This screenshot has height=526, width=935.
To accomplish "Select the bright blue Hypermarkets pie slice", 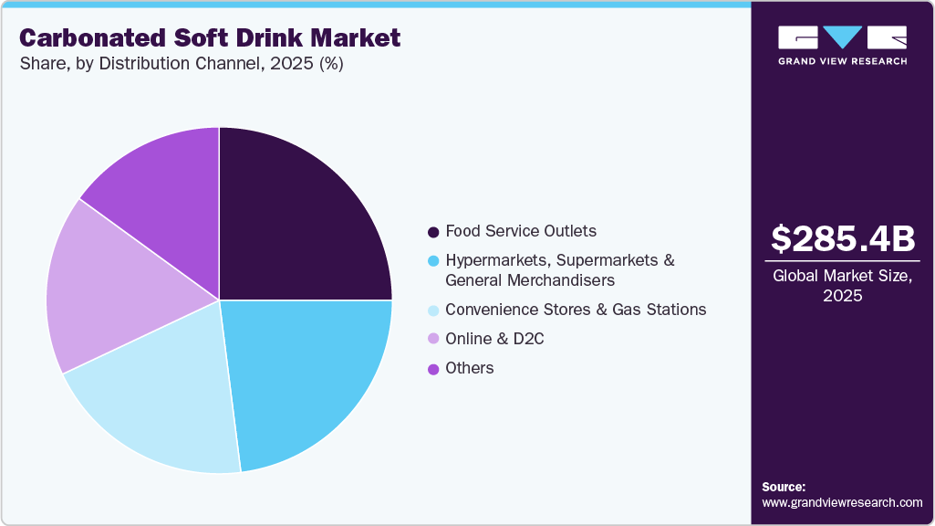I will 301,374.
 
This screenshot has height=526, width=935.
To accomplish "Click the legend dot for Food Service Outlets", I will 432,232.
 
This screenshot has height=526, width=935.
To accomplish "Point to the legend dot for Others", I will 432,369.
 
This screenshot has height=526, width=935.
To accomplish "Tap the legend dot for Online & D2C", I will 432,340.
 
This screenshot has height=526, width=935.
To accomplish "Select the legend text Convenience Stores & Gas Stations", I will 576,310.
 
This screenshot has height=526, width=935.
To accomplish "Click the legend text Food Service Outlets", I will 521,231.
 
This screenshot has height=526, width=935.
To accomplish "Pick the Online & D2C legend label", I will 494,339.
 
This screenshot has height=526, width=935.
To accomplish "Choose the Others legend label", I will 470,368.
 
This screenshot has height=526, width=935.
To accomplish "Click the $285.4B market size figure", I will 842,239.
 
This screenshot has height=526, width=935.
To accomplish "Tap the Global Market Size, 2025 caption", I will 842,286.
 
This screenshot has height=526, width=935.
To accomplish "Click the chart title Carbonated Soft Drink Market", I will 209,38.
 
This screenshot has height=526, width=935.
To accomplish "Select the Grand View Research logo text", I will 842,61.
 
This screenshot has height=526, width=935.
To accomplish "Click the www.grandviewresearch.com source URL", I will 842,502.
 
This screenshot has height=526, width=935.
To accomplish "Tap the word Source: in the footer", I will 784,487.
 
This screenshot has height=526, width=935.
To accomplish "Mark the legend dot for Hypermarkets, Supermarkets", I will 432,261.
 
